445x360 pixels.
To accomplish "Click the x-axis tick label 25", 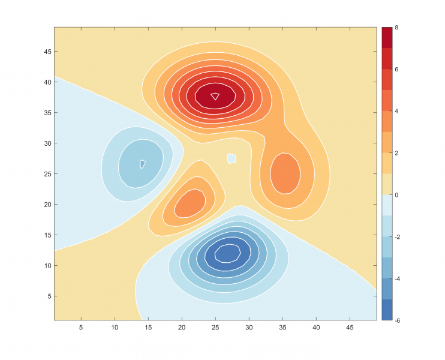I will coord(215,328).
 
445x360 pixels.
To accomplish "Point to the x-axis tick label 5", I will coord(81,328).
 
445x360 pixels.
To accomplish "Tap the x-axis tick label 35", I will coord(282,328).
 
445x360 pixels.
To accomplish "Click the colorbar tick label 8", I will coord(396,28).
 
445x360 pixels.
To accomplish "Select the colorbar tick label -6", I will coord(398,320).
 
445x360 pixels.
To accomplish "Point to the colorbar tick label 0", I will coord(396,195).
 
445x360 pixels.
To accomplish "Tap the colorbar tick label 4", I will coord(396,112).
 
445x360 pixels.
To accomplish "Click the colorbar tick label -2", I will coord(398,237).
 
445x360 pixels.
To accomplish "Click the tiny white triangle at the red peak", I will coord(215,95).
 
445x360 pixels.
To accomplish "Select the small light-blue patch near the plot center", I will coord(231,158).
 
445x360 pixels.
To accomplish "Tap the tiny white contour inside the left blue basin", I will coord(142,164).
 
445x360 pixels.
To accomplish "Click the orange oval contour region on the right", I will coord(285,173).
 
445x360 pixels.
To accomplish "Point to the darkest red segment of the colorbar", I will coord(387,37).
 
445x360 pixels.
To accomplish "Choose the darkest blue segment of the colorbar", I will coord(387,310).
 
